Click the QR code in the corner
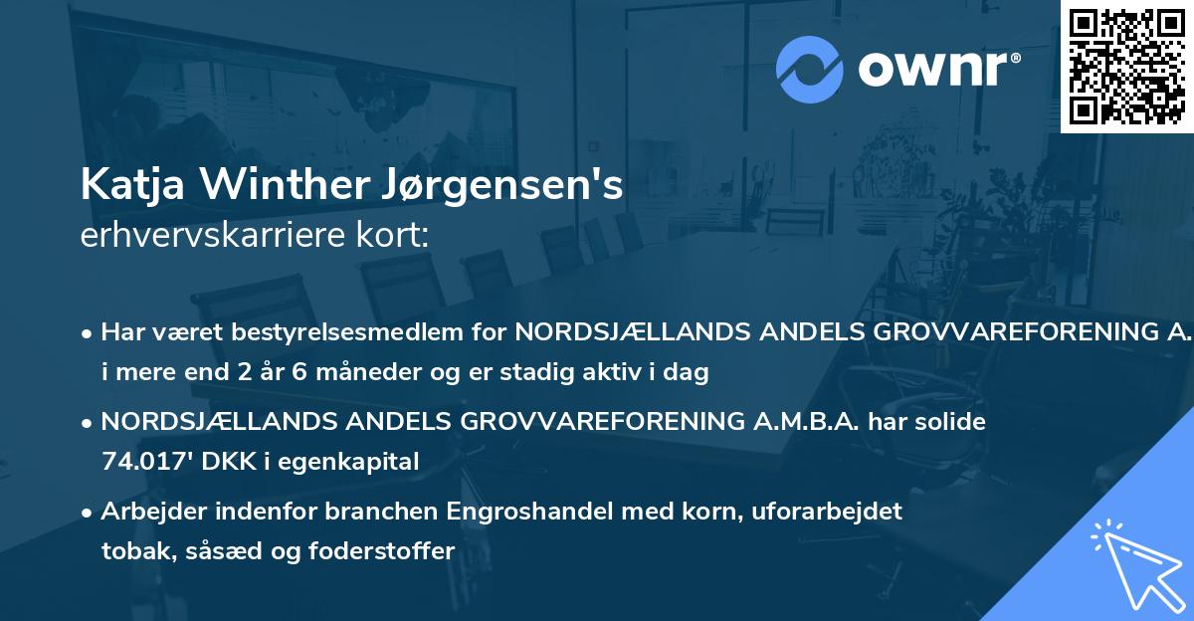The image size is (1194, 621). coord(1126,66)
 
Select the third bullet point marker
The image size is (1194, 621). coord(89,513)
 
